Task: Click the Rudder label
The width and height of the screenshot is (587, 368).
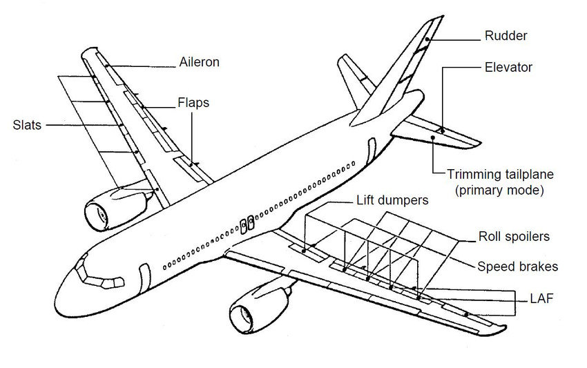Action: tap(505, 35)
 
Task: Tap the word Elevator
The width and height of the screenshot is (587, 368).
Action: tap(509, 68)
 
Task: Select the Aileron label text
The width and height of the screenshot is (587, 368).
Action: tap(199, 62)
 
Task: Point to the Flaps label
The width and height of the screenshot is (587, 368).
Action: tap(193, 103)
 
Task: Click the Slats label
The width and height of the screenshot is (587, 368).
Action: tap(27, 125)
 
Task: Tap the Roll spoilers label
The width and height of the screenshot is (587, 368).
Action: tap(514, 237)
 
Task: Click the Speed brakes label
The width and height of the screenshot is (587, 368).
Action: tap(518, 267)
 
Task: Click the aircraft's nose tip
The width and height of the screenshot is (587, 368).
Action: tap(57, 288)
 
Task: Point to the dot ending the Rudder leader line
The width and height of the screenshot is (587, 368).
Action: tap(427, 40)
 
